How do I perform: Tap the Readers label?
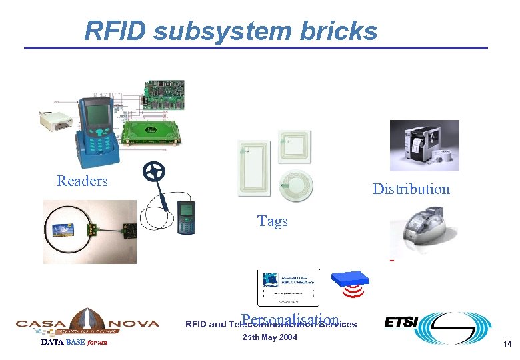(x=82, y=181)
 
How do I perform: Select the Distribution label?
(x=411, y=189)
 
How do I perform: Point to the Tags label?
(x=272, y=221)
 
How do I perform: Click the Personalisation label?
(x=291, y=319)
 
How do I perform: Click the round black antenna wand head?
(x=154, y=172)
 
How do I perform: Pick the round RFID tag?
(x=295, y=184)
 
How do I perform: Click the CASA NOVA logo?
(x=87, y=323)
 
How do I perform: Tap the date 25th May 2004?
(x=269, y=337)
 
